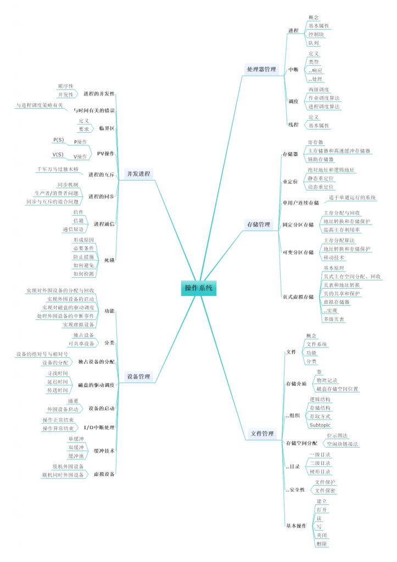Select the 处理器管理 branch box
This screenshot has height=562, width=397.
pyautogui.click(x=261, y=69)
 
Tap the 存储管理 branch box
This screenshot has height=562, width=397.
pyautogui.click(x=259, y=224)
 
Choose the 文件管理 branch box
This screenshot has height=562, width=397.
pyautogui.click(x=262, y=434)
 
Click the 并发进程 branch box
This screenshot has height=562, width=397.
pyautogui.click(x=138, y=173)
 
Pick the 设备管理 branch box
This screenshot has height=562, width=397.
pyautogui.click(x=138, y=376)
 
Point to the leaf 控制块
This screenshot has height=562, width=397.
pyautogui.click(x=317, y=34)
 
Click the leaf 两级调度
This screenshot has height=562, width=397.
pyautogui.click(x=319, y=89)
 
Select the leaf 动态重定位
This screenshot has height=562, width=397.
pyautogui.click(x=321, y=187)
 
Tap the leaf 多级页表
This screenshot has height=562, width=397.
pyautogui.click(x=334, y=319)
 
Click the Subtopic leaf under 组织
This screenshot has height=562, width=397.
pyautogui.click(x=320, y=425)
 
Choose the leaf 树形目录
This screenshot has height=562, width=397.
pyautogui.click(x=320, y=471)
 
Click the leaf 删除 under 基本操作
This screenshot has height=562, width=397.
pyautogui.click(x=322, y=543)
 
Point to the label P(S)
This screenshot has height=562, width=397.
pyautogui.click(x=58, y=140)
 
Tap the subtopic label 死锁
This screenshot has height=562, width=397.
pyautogui.click(x=109, y=260)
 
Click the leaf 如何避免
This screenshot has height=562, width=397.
pyautogui.click(x=83, y=265)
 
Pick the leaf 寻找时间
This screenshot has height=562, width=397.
pyautogui.click(x=58, y=373)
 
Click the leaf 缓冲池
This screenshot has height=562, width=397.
pyautogui.click(x=76, y=456)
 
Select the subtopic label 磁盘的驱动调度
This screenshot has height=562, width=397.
pyautogui.click(x=96, y=385)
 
